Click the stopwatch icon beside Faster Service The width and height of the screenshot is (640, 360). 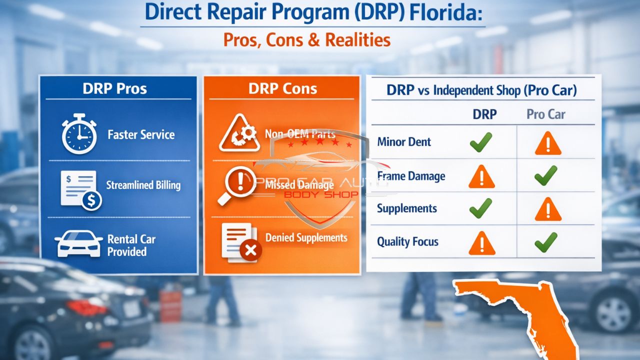pos(79,133)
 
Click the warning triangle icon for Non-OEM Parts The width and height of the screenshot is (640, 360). pos(239,133)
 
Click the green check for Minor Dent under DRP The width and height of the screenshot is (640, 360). pos(481,142)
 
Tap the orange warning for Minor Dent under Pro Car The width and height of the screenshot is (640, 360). pos(547,143)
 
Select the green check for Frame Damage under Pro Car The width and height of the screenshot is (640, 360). pos(546,175)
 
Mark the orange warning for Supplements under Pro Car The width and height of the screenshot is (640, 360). pos(547,209)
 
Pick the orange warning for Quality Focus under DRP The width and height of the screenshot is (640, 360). pos(481,243)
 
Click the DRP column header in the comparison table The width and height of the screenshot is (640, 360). pos(484,114)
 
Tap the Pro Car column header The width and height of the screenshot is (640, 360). pos(546,114)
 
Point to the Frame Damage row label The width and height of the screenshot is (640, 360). pos(411,176)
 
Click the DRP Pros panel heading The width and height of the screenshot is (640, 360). pos(114,89)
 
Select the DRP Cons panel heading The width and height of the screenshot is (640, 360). pos(282,89)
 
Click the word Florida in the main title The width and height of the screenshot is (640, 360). pos(447,14)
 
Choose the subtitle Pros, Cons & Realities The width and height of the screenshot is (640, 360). pos(306,39)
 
